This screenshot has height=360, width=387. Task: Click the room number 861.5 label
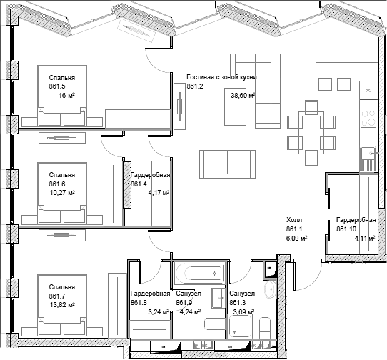click(x=57, y=86)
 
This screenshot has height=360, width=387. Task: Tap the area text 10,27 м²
click(x=62, y=193)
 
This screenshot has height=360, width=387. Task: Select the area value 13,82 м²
click(x=62, y=305)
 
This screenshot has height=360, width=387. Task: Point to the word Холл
click(x=294, y=220)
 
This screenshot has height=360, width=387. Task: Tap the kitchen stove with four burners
click(x=368, y=118)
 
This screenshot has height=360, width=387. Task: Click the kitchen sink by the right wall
click(x=368, y=159)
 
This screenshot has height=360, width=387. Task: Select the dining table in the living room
click(x=311, y=132)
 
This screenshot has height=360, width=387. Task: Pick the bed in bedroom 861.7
click(x=62, y=305)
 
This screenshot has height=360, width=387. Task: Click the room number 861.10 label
click(x=346, y=229)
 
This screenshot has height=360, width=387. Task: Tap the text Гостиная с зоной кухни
click(x=221, y=77)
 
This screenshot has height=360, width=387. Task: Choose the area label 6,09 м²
click(x=296, y=239)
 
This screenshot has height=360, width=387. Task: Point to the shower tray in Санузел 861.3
click(x=240, y=326)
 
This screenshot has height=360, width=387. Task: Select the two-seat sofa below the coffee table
click(x=227, y=164)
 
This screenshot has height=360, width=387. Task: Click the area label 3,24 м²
click(x=159, y=312)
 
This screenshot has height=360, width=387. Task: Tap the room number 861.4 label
click(x=139, y=184)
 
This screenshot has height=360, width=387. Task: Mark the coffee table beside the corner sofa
click(x=235, y=106)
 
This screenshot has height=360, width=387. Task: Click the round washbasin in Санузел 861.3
click(x=271, y=289)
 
